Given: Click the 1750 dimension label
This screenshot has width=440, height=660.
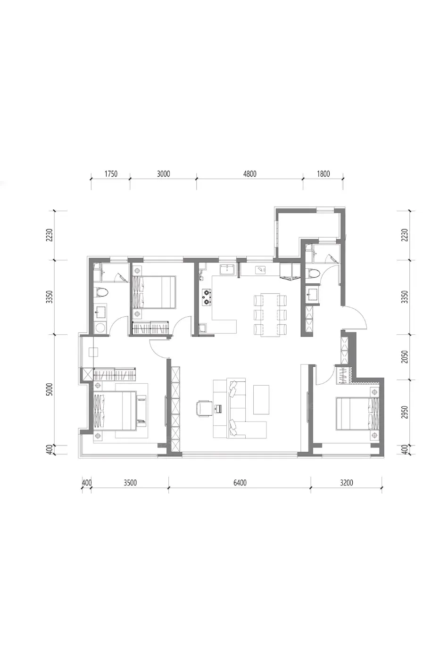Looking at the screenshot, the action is click(111, 173).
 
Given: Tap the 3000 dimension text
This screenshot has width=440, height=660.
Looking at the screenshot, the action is click(163, 173).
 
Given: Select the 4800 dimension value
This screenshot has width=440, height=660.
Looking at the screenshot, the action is click(249, 173).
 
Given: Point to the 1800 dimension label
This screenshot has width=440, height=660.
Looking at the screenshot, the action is click(324, 173).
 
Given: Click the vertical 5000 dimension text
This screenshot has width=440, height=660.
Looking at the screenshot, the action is click(50, 389).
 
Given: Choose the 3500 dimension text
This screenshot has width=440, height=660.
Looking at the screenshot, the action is click(130, 483).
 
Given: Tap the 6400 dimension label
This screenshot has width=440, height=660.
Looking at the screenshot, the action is click(240, 483).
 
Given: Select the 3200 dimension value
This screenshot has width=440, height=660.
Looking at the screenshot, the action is click(346, 483).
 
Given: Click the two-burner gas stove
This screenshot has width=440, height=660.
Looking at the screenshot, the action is click(206, 297).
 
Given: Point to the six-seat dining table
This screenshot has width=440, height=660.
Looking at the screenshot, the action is click(270, 314).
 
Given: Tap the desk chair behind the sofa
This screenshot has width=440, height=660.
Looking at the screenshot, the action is click(203, 408).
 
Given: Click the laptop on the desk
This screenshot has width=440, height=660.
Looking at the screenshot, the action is click(218, 408).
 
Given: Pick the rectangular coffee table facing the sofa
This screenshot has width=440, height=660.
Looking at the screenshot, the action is click(261, 400).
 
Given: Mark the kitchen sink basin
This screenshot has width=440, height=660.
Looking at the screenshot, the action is click(227, 270).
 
